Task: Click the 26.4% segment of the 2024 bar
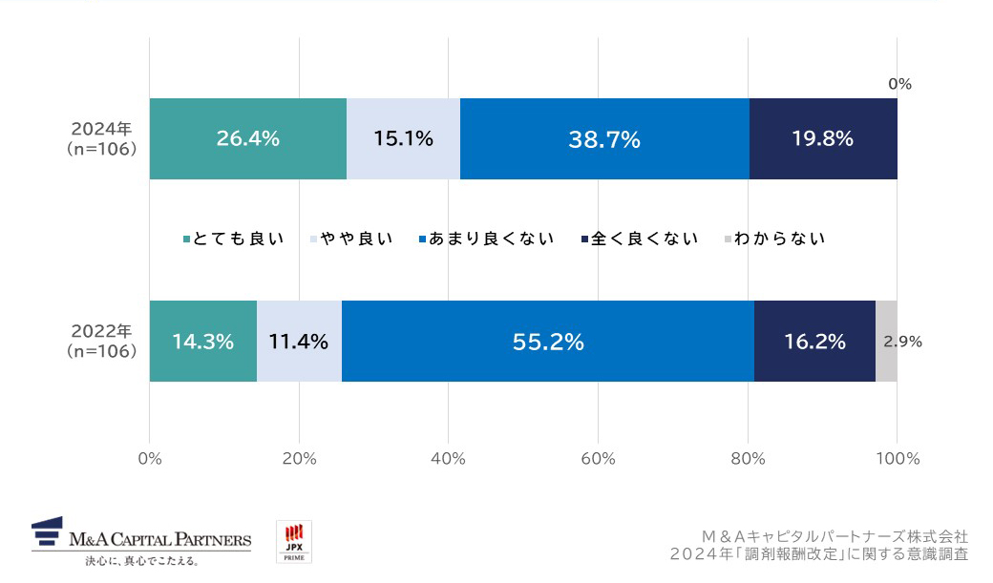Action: point(247,138)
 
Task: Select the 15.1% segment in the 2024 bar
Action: point(403,138)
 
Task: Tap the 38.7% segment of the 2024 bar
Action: point(604,138)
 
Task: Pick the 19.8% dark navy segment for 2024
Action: point(822,138)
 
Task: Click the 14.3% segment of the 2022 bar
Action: point(202,342)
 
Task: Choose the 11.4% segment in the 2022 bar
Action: point(299,342)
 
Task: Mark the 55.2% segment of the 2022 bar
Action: point(548,342)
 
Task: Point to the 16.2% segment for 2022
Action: point(814,342)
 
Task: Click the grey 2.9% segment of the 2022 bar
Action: point(886,342)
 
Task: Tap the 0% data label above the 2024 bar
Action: point(899,84)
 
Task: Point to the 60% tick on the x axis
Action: point(598,459)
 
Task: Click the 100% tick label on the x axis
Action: point(897,459)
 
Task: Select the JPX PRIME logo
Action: point(294,541)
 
